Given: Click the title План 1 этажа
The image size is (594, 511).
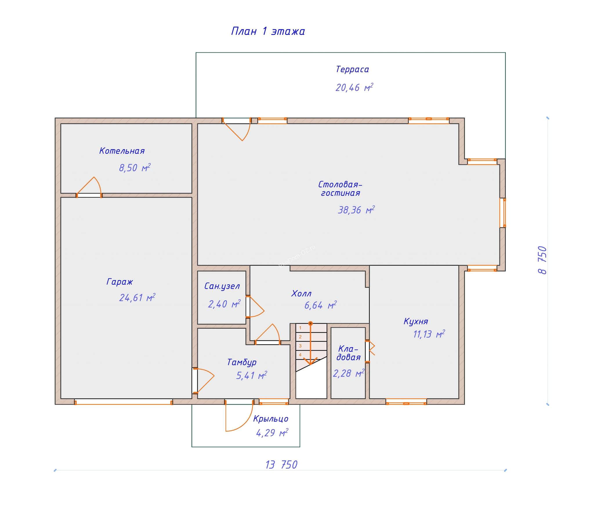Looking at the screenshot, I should coord(268,31).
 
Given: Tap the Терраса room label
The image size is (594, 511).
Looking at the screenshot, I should coord(352,69).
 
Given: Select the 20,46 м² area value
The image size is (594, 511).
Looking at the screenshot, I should coord(354,87).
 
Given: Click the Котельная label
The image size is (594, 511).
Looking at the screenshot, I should coord(122,151).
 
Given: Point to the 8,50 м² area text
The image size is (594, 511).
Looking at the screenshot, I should coord(135,168).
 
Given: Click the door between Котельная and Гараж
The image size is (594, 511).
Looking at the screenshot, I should coord(89,195).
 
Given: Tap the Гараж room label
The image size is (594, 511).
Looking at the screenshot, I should coord(119,281).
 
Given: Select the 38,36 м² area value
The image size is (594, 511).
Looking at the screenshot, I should coord(356,210).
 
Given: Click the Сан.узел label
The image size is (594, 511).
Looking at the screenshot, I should coord(222,286).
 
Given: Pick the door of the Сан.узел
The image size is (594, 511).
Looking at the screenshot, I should coord(248,307).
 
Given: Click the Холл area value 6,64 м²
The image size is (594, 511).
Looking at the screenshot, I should coord(320,305).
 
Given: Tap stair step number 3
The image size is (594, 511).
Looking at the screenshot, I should coord(300,346).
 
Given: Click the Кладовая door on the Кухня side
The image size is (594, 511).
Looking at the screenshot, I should coord(368,351).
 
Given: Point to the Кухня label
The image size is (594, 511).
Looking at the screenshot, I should coord(416,321).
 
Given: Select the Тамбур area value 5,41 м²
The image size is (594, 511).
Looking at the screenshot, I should coord(251,376).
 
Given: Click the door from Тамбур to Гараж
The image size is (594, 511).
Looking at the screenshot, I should coord(195,380).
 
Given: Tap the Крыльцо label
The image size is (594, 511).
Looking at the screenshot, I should coord(271,419).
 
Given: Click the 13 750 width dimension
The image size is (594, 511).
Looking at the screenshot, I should coord(281,465).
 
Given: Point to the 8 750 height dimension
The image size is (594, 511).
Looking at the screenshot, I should coord(542,260).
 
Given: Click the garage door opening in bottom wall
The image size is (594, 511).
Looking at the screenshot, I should coord(123,402).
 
